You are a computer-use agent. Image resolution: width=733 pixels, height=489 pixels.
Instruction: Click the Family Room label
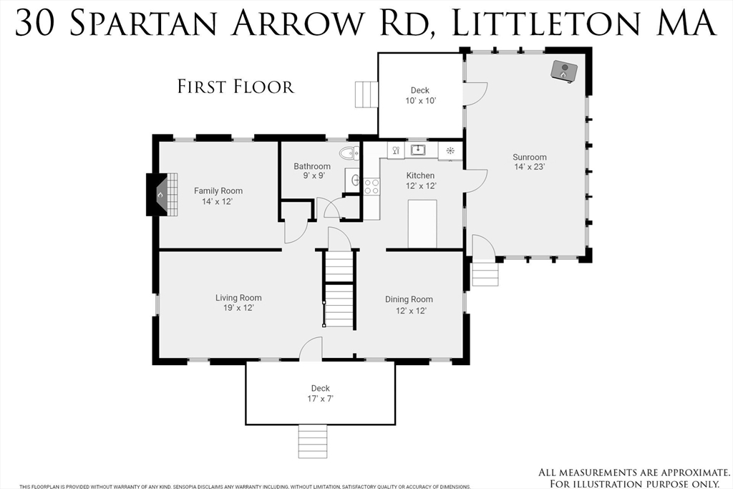click(218, 190)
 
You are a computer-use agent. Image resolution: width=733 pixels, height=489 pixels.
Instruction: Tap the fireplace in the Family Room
click(162, 195)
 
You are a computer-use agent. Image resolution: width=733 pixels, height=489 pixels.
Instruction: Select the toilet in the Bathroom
click(349, 153)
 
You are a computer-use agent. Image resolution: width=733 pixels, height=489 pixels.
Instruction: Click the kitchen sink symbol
click(418, 150)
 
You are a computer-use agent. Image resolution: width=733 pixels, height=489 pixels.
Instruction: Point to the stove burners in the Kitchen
click(372, 186)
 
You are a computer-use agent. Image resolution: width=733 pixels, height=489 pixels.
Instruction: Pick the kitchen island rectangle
click(422, 223)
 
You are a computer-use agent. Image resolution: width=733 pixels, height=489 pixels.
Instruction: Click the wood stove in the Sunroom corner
click(564, 72)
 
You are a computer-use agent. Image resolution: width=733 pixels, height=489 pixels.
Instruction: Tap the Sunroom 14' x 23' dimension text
click(530, 167)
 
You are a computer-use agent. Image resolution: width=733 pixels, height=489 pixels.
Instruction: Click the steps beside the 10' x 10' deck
click(366, 95)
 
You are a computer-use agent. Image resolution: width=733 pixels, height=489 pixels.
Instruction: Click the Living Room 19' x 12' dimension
click(238, 308)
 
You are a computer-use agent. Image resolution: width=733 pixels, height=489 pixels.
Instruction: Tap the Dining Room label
click(409, 299)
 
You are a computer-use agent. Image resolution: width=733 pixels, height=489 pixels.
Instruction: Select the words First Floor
click(236, 87)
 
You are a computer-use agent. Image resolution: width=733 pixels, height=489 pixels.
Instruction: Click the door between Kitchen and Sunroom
click(475, 180)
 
